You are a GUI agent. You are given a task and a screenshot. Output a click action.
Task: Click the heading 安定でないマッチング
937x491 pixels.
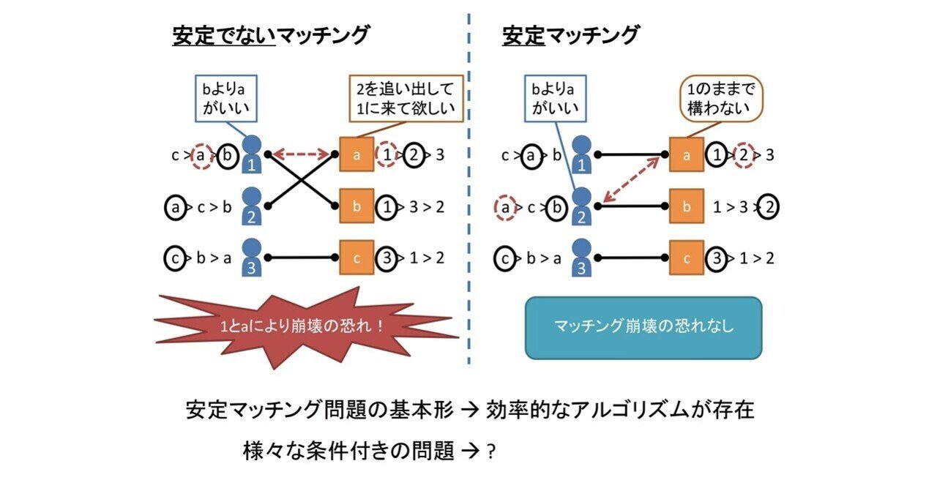click(x=271, y=35)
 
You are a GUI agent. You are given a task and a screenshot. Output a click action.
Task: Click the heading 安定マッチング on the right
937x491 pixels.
click(x=570, y=35)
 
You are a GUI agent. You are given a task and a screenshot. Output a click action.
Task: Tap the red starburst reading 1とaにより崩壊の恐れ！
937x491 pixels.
click(x=306, y=326)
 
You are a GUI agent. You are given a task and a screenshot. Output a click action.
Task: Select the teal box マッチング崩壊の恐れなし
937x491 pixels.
click(x=643, y=326)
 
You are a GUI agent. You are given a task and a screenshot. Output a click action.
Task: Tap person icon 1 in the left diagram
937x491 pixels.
click(x=252, y=154)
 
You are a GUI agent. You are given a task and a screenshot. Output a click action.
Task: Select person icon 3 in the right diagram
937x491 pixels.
click(x=581, y=258)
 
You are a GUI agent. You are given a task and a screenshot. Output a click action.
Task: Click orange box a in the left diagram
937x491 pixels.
click(x=356, y=155)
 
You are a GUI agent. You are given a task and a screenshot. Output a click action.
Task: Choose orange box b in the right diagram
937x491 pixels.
click(x=686, y=207)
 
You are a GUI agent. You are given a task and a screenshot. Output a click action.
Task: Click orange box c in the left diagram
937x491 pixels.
click(x=356, y=258)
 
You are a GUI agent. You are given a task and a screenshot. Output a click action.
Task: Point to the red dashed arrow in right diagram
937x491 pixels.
click(x=634, y=182)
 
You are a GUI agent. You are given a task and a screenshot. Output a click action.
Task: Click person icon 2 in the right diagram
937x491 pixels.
click(x=581, y=206)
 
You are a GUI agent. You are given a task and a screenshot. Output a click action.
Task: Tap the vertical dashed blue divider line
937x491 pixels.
click(x=468, y=190)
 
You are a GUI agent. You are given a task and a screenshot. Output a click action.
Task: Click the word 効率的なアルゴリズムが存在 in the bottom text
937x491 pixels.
click(x=620, y=410)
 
